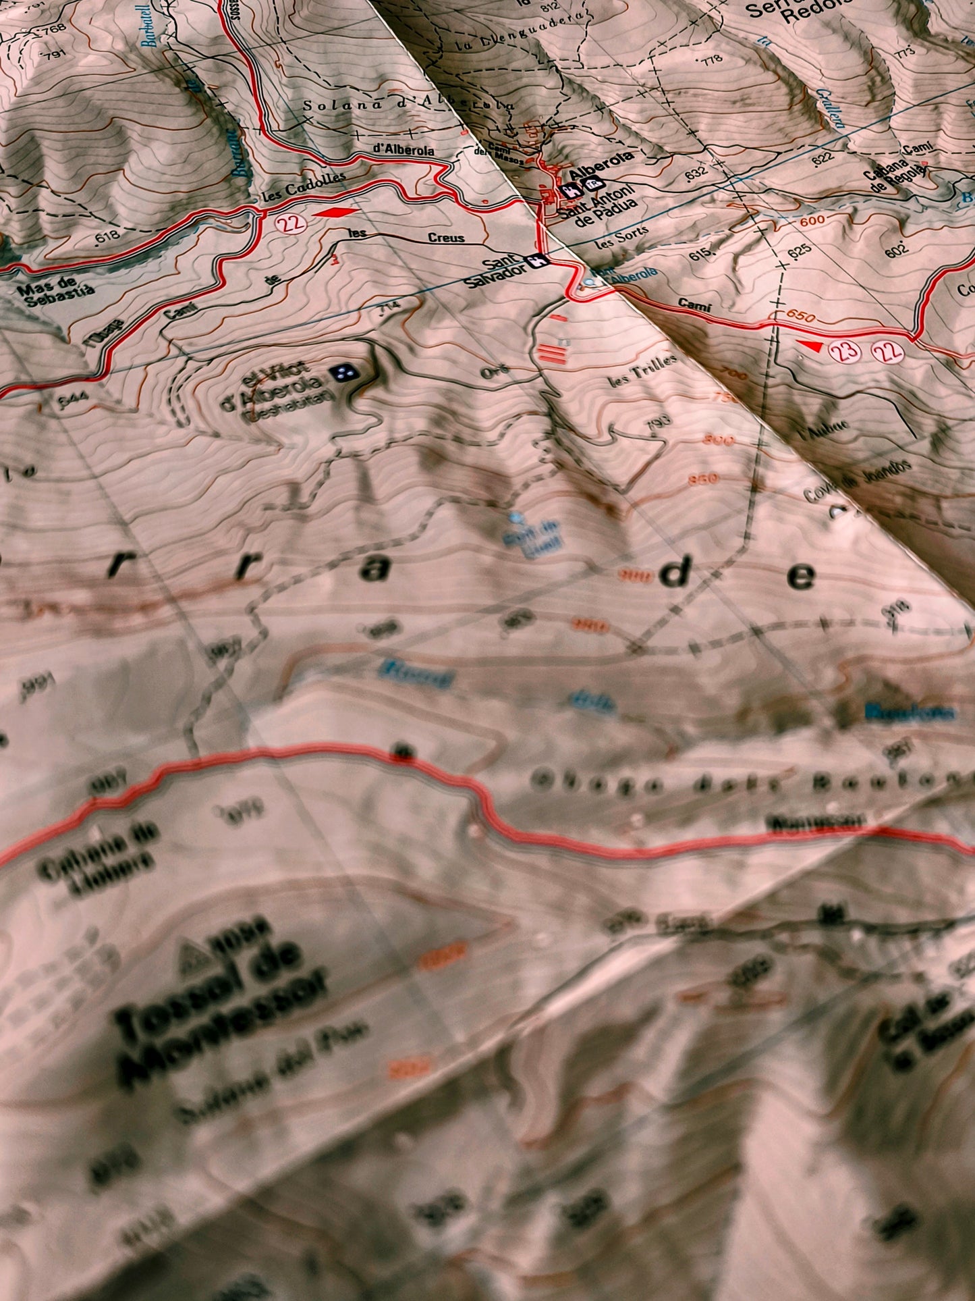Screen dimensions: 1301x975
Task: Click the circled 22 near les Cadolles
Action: click(291, 223)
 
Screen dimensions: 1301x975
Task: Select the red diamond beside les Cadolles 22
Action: click(335, 213)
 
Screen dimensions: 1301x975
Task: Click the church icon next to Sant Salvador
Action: click(537, 261)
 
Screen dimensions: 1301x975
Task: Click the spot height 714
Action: click(389, 308)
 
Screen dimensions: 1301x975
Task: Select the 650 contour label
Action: click(801, 317)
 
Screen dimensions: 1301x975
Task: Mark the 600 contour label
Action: click(814, 221)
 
